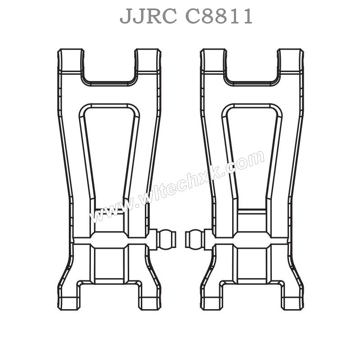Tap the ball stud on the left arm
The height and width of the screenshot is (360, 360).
167,239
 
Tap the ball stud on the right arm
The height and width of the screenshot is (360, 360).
194,239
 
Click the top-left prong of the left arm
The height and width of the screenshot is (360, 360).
70,61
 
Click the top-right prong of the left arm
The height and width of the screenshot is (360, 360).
148,61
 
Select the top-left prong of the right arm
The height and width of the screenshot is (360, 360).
213,61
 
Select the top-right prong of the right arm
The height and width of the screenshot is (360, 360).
291,61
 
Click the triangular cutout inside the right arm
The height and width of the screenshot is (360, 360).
252,148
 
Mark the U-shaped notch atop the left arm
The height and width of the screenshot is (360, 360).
109,67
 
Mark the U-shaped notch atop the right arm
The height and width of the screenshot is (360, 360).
252,67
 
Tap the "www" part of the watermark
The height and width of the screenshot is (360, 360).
106,211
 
